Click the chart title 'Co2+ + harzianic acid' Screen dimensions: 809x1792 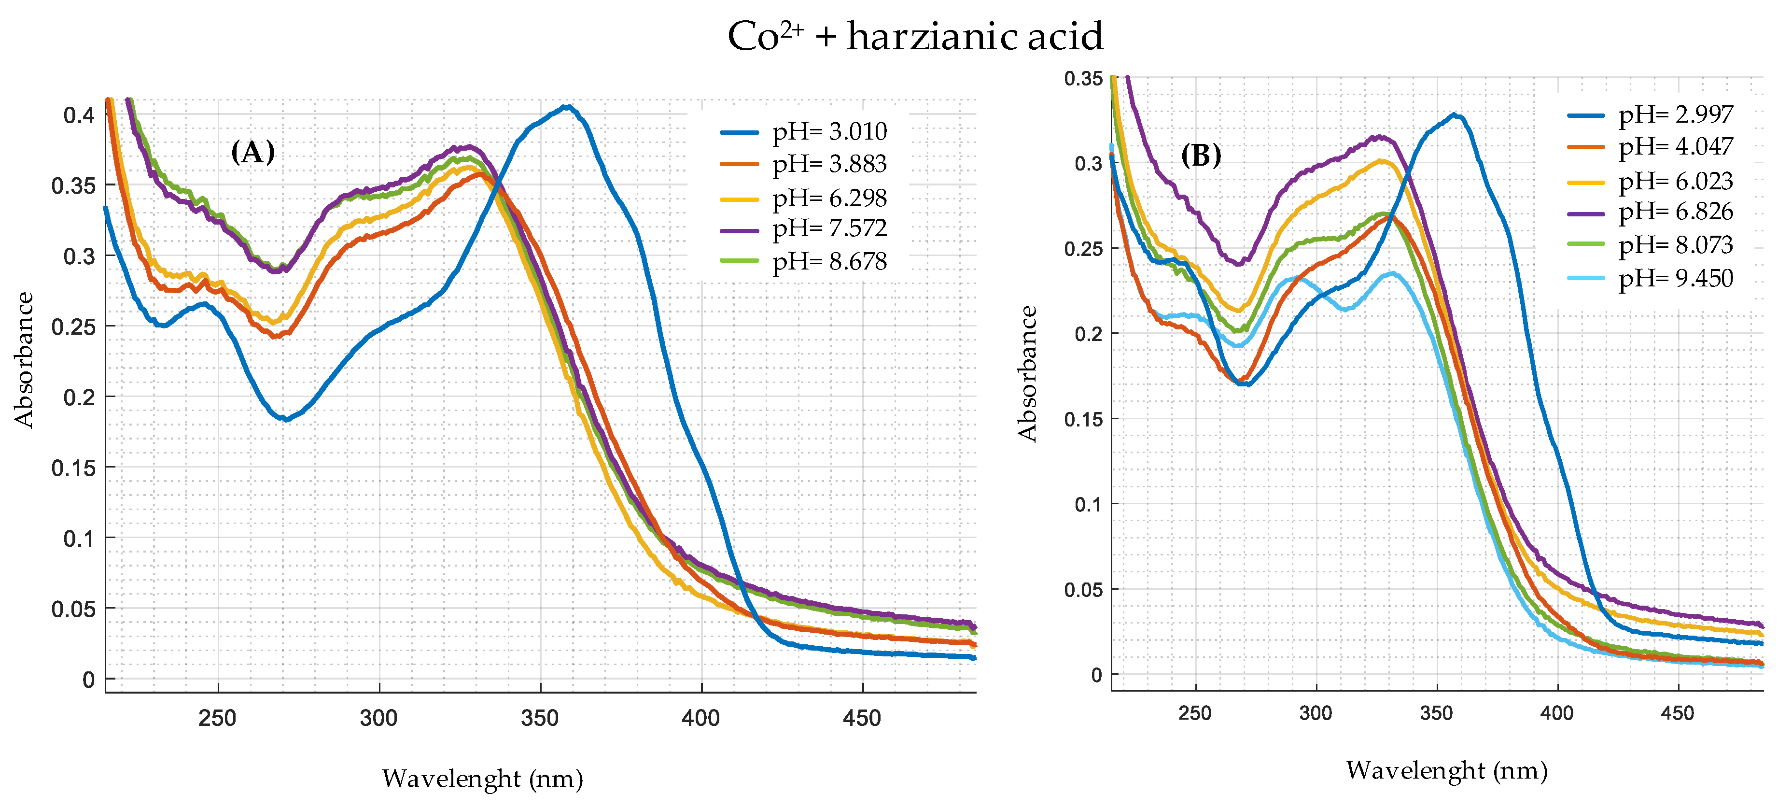point(915,36)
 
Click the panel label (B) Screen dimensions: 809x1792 point(1201,155)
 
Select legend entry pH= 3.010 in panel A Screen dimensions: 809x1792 point(829,131)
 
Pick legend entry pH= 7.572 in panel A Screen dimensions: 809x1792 point(829,228)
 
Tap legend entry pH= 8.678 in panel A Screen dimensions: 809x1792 point(829,262)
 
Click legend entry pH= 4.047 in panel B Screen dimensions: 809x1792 point(1675,147)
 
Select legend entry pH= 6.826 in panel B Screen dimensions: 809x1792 point(1675,212)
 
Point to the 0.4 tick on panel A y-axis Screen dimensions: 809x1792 point(79,115)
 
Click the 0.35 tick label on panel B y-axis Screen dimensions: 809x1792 point(1083,79)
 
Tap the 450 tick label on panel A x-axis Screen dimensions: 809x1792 point(861,718)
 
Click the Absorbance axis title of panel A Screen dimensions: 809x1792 point(24,359)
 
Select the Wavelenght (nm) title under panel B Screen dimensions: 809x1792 point(1446,771)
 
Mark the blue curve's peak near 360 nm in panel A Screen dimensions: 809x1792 point(568,107)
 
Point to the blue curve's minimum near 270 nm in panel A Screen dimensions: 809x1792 point(285,419)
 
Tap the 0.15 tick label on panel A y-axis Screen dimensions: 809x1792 point(73,468)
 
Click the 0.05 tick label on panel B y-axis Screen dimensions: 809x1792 point(1083,590)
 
